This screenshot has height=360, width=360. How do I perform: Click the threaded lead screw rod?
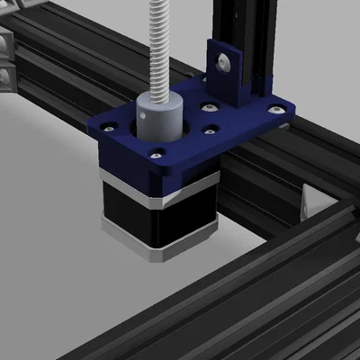162,45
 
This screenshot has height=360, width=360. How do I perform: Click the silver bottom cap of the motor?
144,243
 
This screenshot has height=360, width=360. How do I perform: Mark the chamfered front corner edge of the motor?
162,229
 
